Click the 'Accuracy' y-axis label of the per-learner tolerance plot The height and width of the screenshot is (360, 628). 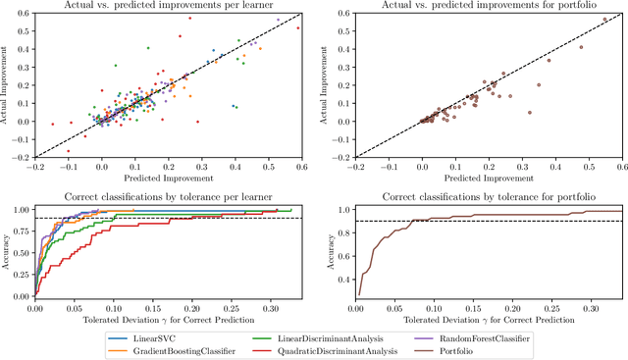8,252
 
